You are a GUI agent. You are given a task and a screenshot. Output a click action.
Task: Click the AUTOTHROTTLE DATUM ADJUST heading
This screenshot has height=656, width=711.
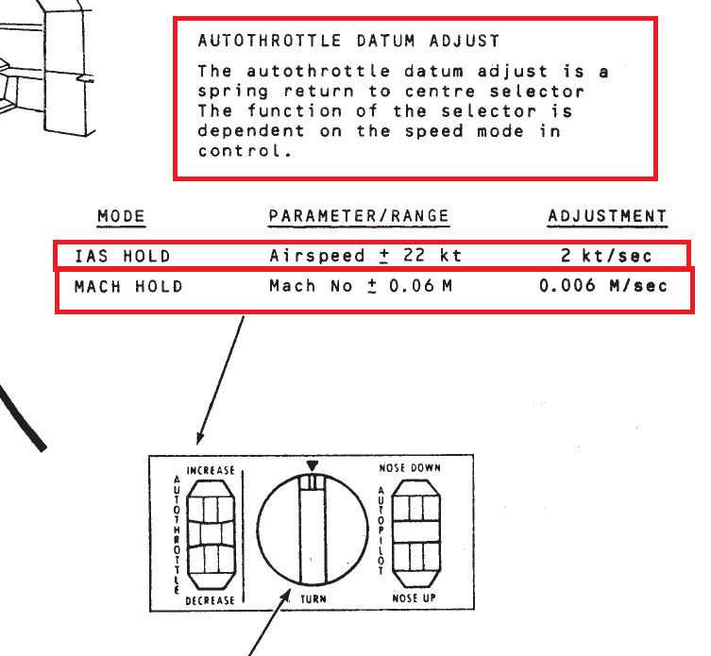pos(348,41)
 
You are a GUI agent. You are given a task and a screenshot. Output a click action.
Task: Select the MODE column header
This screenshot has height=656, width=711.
pos(121,216)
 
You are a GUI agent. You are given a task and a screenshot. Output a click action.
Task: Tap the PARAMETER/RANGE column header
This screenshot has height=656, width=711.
pos(359,216)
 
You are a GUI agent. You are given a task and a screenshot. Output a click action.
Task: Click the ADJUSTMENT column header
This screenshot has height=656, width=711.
pos(607,216)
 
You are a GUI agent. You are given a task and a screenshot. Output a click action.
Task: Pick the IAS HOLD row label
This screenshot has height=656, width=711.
pos(123,256)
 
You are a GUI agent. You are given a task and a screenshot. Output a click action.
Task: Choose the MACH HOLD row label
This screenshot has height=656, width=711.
pos(128,287)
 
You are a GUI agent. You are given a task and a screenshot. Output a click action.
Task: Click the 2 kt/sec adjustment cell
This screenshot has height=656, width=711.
pos(606,256)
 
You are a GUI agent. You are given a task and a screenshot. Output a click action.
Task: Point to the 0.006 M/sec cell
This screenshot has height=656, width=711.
pos(603,286)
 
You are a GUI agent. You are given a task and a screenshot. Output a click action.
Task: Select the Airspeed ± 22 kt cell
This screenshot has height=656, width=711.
pos(365,256)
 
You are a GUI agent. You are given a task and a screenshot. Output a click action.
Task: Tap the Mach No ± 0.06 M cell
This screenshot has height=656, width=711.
pos(361,286)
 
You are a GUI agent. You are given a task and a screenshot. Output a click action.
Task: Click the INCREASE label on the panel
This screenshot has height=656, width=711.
pos(211,471)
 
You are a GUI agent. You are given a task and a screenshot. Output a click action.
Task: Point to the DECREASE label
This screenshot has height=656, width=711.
pos(210,600)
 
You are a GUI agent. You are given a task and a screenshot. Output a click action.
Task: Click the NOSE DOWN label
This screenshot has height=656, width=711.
pos(410,468)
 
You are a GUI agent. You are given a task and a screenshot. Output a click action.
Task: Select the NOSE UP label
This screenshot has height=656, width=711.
pos(414,598)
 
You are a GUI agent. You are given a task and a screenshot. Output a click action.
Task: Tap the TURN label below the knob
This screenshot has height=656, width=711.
pos(313,599)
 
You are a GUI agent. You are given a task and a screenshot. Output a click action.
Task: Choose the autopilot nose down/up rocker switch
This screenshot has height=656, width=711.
pos(415,532)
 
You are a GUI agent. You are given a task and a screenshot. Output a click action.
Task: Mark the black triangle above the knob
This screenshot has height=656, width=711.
pos(313,466)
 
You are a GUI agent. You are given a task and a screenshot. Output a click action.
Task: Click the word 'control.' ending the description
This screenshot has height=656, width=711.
pos(245,151)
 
